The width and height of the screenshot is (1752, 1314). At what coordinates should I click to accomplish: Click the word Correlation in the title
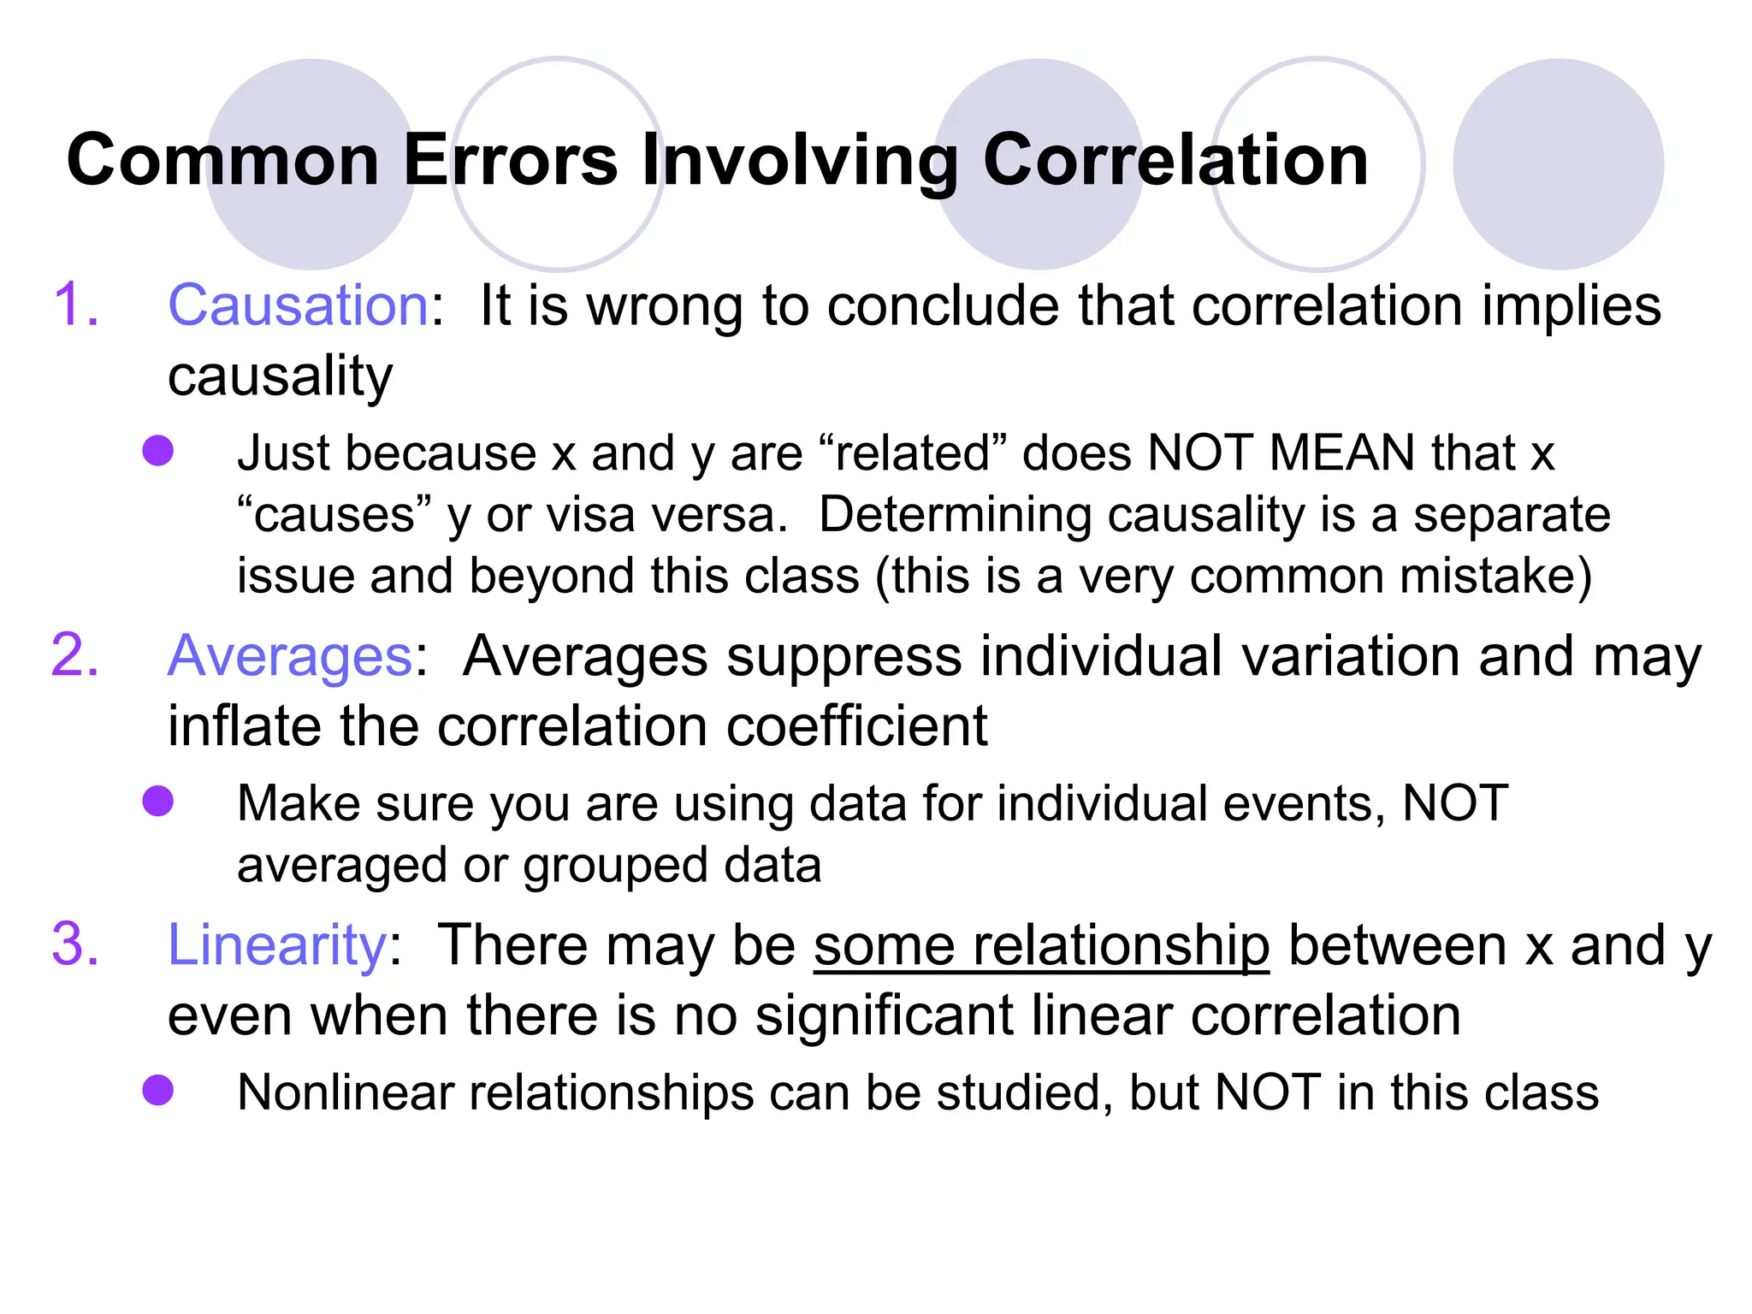point(1175,160)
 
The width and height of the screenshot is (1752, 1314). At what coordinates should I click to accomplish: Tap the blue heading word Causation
point(298,305)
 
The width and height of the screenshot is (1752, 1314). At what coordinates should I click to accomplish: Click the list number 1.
point(75,305)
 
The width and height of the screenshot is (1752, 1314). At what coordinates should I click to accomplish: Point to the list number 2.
point(75,657)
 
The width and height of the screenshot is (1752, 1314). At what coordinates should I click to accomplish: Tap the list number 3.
point(75,946)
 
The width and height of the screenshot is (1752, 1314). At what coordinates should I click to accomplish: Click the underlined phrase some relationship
point(1041,946)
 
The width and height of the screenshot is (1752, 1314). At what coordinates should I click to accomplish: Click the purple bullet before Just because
point(158,451)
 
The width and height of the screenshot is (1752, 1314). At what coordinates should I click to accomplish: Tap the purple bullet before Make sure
point(158,802)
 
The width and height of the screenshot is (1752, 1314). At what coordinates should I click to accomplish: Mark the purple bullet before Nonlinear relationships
point(158,1091)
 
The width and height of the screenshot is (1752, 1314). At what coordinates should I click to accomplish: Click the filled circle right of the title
point(1558,163)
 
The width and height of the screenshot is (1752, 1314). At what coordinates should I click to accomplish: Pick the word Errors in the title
point(510,160)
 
